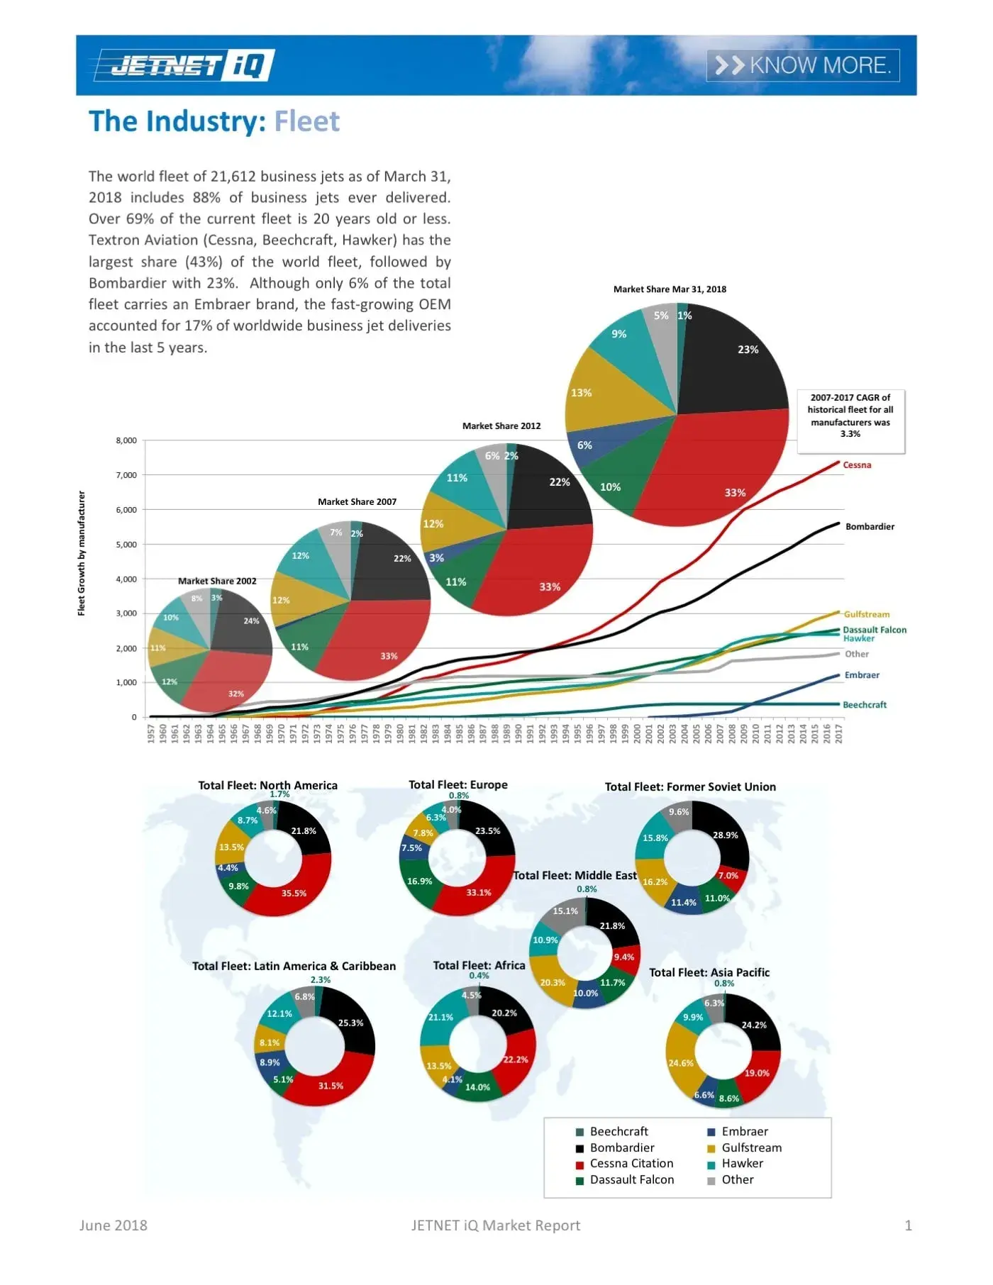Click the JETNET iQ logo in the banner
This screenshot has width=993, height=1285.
[183, 65]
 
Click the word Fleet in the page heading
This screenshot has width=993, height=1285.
[306, 121]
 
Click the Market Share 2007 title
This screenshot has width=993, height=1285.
[357, 501]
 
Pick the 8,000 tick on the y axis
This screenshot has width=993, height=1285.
[126, 440]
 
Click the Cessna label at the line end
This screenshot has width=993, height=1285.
[857, 465]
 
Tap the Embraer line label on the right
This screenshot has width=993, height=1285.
[861, 675]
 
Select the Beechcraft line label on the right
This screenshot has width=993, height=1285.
[864, 705]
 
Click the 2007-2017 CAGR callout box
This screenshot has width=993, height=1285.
[850, 416]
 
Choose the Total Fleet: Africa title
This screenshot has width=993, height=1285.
[479, 965]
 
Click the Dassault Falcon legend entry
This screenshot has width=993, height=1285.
[631, 1179]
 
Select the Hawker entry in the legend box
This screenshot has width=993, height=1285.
[742, 1163]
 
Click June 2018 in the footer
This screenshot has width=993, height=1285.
[113, 1225]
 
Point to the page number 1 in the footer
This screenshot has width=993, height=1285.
[908, 1225]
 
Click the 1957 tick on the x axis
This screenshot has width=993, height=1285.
[150, 733]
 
